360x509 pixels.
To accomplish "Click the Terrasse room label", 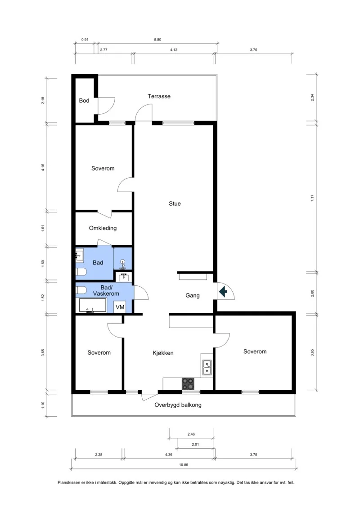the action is click(159, 96).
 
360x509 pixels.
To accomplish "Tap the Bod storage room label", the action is click(84, 101).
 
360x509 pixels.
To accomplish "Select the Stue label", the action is click(175, 203).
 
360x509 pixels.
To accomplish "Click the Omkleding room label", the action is click(103, 228).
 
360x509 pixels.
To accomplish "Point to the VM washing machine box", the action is click(120, 307).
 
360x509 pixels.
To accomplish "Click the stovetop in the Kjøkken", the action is click(188, 383).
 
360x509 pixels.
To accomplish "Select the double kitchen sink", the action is click(207, 368).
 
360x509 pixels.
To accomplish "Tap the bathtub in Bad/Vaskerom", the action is click(93, 306).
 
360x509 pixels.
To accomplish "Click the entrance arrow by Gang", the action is click(223, 292).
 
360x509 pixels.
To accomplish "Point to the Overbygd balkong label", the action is click(178, 405).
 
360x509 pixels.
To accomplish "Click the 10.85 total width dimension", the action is click(184, 465).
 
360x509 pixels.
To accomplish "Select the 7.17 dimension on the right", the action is click(312, 198).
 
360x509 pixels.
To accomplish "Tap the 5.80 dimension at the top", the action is click(157, 40).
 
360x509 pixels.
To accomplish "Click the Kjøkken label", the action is click(163, 353).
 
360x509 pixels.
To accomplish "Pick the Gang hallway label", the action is click(193, 295).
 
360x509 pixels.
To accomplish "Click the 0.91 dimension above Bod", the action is click(85, 40).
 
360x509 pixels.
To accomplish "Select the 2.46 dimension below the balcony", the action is click(191, 434).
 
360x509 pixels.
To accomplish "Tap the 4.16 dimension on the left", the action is click(43, 167).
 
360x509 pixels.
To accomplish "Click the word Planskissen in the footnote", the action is click(69, 483).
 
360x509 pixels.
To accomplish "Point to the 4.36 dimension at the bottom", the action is click(168, 455).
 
